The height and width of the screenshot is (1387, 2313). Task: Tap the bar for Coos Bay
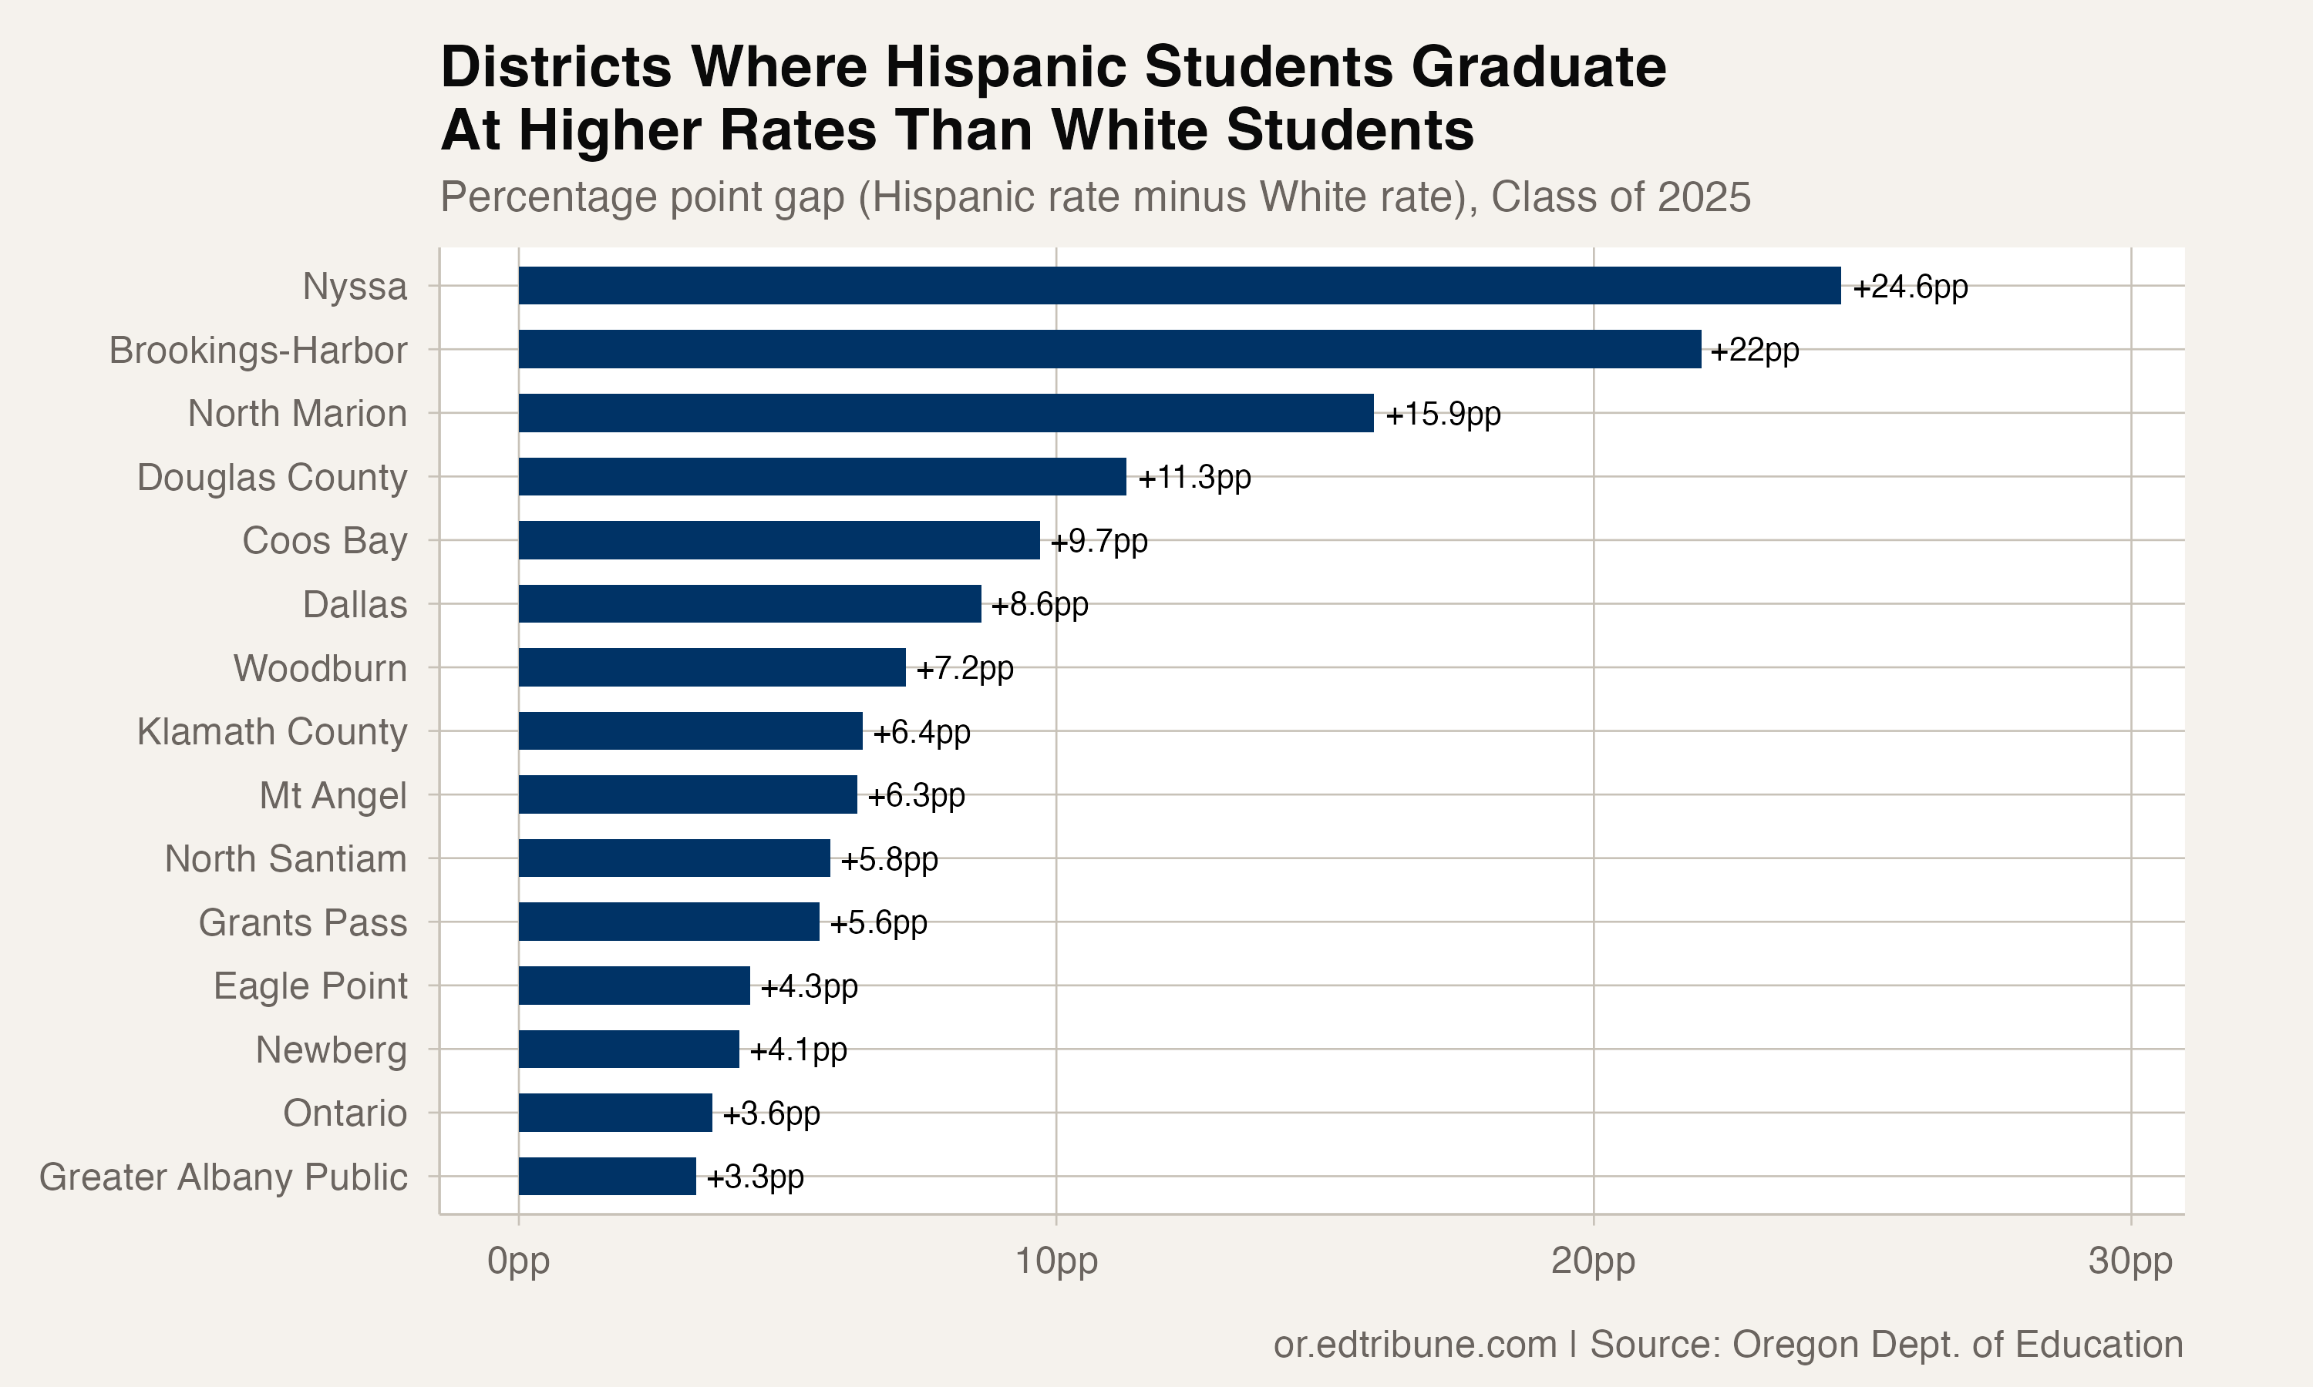[x=779, y=540]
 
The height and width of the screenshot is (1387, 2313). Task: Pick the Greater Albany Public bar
[x=607, y=1176]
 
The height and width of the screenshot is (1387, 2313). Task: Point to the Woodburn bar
[x=712, y=667]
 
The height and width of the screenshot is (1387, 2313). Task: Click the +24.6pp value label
[x=1909, y=286]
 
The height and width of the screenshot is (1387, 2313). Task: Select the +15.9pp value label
[x=1442, y=413]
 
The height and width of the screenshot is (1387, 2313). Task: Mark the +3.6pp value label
[x=770, y=1113]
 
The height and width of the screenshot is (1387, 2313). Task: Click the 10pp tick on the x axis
[x=1055, y=1261]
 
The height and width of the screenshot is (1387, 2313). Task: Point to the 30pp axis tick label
[x=2130, y=1261]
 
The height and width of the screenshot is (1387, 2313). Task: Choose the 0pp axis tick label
[x=518, y=1261]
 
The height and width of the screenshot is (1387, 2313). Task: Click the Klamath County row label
[x=271, y=732]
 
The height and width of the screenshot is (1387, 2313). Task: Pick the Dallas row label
[x=355, y=605]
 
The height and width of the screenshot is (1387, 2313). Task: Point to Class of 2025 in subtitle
[x=1619, y=197]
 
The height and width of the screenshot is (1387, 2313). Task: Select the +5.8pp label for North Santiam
[x=888, y=859]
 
